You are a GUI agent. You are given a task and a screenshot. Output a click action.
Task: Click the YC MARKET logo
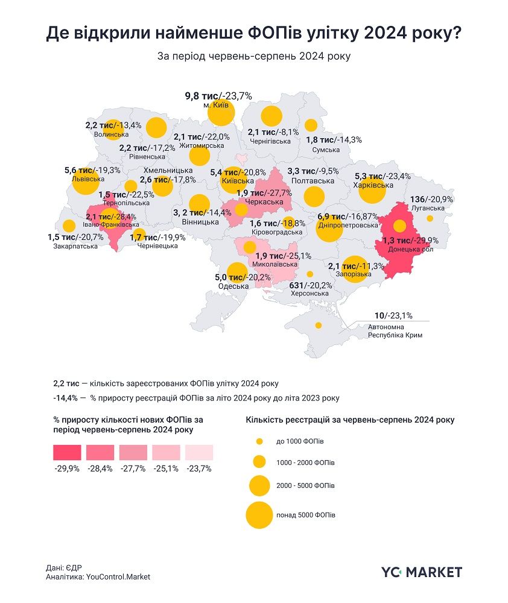click(x=422, y=572)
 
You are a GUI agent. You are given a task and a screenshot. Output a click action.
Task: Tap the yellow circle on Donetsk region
click(x=399, y=226)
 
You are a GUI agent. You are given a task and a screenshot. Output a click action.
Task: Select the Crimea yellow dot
click(x=318, y=325)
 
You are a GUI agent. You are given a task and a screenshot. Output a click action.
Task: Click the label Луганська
click(x=430, y=207)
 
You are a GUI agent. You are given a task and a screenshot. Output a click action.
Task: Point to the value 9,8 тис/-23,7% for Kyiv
click(x=218, y=95)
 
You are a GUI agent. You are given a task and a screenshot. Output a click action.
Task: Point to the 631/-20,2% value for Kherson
click(x=311, y=285)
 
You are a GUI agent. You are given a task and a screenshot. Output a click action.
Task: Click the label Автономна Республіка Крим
click(x=395, y=331)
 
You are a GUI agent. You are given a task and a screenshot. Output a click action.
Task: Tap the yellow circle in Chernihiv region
click(x=271, y=115)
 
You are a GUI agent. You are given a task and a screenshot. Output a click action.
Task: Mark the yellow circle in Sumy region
click(x=311, y=125)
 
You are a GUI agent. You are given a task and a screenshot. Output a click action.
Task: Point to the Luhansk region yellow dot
click(x=430, y=218)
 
